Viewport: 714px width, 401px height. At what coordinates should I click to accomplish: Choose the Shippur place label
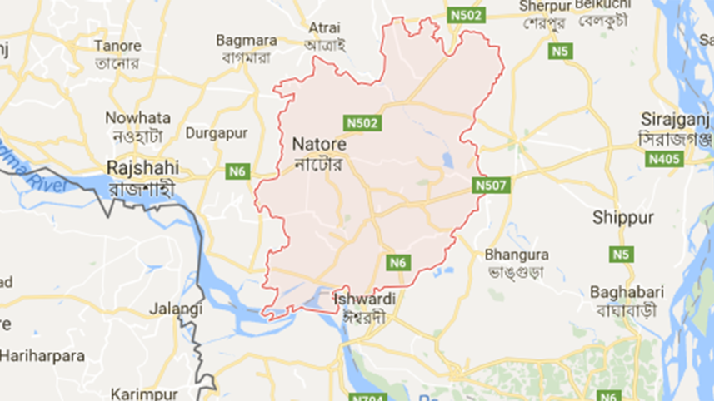[620, 218]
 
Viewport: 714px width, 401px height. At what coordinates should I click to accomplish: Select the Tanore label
[117, 46]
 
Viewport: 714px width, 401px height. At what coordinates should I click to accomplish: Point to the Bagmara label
[242, 39]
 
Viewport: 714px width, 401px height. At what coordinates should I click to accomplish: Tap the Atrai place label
[325, 27]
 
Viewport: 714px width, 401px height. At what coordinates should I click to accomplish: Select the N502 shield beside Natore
[362, 123]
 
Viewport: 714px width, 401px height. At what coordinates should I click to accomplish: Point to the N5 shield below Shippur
[621, 254]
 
